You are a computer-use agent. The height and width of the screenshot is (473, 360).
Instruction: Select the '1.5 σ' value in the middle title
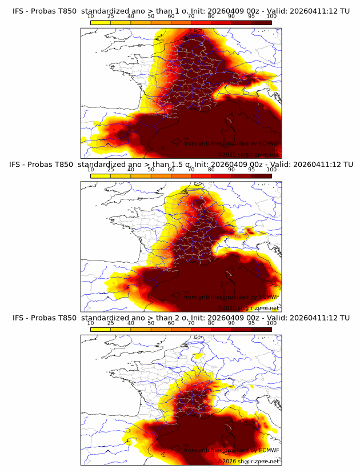[x=185, y=164]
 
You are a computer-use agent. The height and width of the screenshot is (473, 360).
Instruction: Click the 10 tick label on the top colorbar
[x=91, y=16]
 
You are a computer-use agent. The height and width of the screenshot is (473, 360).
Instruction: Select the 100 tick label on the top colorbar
[x=271, y=16]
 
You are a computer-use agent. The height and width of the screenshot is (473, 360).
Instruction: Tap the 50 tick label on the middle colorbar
[x=151, y=170]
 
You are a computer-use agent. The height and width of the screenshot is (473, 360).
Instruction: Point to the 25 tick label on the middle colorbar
[x=111, y=170]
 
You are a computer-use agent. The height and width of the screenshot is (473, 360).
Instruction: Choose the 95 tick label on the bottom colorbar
[x=251, y=323]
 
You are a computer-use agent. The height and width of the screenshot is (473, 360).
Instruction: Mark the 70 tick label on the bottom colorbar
[x=191, y=323]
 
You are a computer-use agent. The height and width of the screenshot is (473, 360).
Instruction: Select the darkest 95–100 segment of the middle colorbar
[x=261, y=175]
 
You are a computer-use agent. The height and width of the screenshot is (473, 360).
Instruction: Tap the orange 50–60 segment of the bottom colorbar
[x=161, y=328]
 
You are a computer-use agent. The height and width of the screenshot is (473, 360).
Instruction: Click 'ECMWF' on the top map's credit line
[x=267, y=143]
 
